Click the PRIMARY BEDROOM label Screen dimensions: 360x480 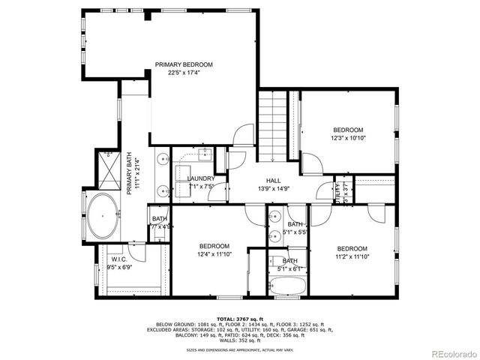[184, 65]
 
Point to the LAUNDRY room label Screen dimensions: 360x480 [200, 178]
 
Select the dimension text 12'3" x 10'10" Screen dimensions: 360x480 [347, 137]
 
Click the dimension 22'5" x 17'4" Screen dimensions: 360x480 [184, 73]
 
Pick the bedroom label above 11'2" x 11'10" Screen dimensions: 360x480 [351, 249]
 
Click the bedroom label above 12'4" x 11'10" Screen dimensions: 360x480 [214, 246]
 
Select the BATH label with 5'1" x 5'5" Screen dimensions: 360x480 [295, 224]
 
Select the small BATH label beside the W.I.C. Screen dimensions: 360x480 [160, 220]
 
